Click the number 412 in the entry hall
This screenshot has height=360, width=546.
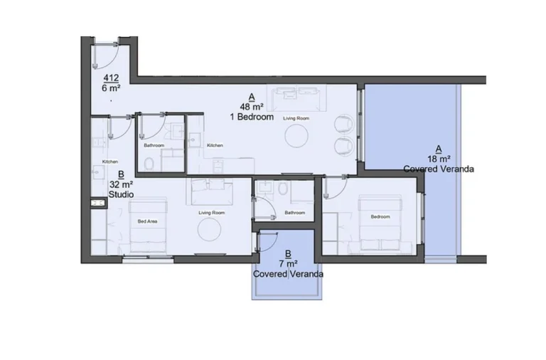click(x=111, y=78)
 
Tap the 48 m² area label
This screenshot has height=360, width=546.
click(x=252, y=107)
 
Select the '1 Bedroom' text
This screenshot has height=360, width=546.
click(x=252, y=117)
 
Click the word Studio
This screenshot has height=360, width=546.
click(x=122, y=194)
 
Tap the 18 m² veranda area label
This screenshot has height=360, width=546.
click(x=439, y=159)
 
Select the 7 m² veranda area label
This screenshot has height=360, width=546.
click(x=288, y=263)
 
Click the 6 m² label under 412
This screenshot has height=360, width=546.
click(x=111, y=88)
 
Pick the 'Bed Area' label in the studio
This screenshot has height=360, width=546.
click(x=147, y=221)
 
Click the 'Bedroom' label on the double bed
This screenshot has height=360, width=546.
click(x=379, y=217)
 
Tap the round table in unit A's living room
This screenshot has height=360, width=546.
click(x=297, y=135)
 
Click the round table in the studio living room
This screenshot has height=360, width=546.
click(x=210, y=230)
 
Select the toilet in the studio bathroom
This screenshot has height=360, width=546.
click(x=148, y=164)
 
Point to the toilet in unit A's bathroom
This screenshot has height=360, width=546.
click(x=284, y=189)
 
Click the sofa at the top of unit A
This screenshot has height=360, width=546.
click(x=297, y=95)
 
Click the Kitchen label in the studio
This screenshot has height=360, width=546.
click(x=109, y=162)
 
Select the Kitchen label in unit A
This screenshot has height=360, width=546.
click(x=215, y=146)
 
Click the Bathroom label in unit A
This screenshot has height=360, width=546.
click(x=295, y=213)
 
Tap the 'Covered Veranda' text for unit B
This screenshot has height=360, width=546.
click(x=288, y=274)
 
